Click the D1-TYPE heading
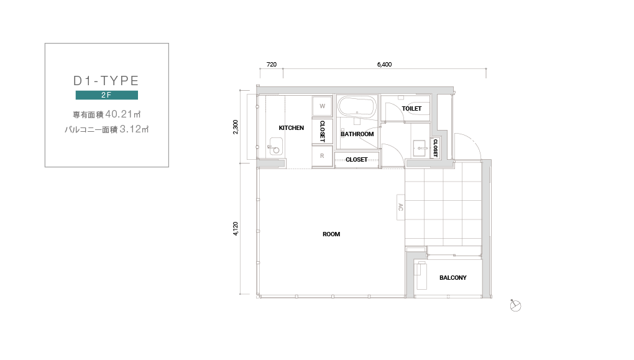[106, 80]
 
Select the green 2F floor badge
[107, 95]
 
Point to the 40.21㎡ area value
[123, 114]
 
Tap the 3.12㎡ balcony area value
[134, 129]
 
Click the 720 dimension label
[272, 64]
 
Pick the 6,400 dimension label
[384, 64]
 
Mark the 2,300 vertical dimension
[236, 127]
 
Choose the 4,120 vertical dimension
[236, 229]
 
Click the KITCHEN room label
[291, 128]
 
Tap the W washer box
[322, 106]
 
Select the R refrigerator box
[322, 155]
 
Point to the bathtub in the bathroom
[357, 107]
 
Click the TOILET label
[411, 108]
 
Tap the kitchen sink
[276, 146]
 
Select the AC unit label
[401, 207]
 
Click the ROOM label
[331, 234]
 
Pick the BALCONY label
[453, 277]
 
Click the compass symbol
[515, 306]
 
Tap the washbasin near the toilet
[420, 149]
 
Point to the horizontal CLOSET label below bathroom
[357, 160]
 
